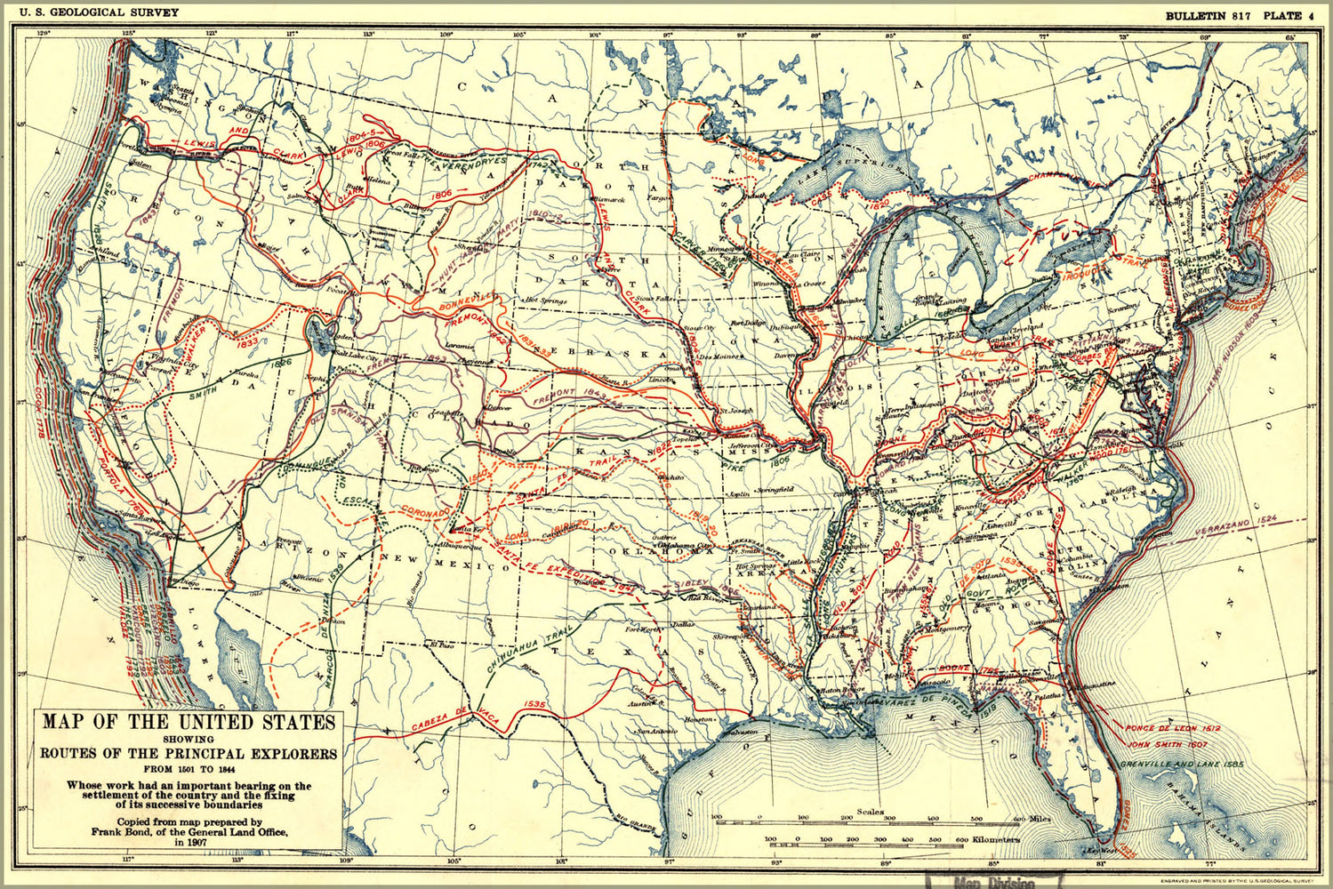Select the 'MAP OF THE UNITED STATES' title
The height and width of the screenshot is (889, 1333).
point(189,722)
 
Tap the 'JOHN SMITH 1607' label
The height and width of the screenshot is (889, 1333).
point(1166,744)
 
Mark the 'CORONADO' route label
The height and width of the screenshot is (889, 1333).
point(424,513)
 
